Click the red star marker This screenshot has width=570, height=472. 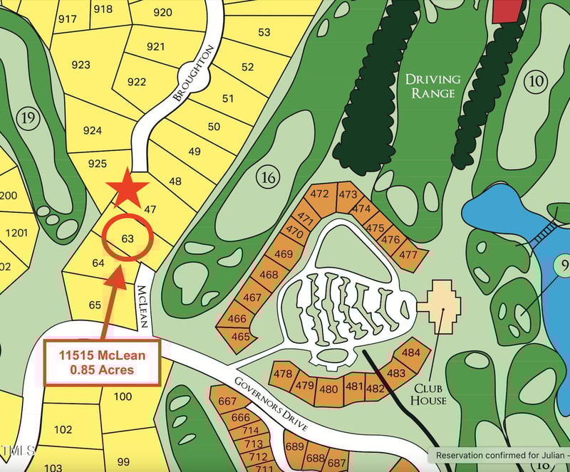(128, 189)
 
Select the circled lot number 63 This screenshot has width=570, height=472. (128, 238)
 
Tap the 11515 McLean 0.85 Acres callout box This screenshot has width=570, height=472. (102, 362)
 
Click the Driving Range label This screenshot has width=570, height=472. (432, 86)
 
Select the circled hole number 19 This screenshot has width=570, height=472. (28, 118)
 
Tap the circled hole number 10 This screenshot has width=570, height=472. (535, 81)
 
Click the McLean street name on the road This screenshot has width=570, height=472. (142, 306)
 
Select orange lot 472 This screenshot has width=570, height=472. (320, 194)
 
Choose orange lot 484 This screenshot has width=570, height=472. (411, 352)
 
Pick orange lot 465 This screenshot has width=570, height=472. (241, 336)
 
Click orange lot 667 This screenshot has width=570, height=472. (227, 402)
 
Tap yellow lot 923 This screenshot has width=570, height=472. (81, 65)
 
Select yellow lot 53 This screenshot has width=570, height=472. (264, 32)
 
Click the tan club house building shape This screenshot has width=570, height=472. (441, 305)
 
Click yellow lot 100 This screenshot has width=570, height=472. (123, 397)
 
